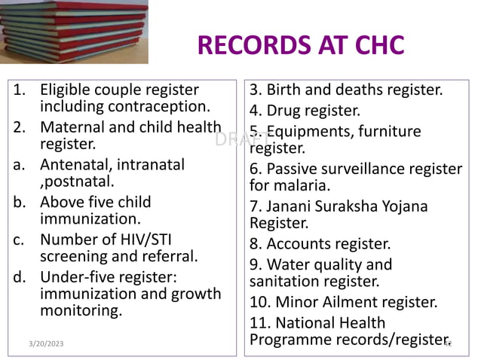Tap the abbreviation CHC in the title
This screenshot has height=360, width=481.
tap(374, 45)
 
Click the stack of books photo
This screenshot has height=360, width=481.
tap(74, 32)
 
